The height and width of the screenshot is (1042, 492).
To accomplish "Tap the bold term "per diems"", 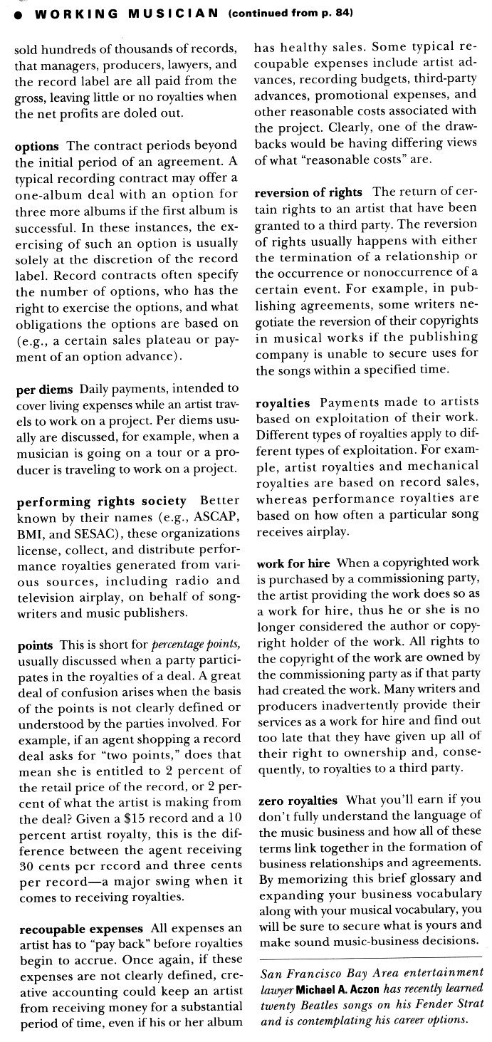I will point(46,389).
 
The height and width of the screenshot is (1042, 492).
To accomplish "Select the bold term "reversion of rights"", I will point(309,192).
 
